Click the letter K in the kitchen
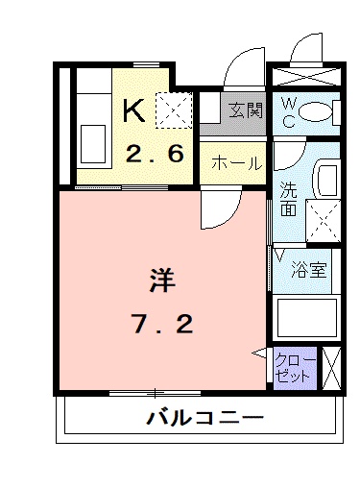133,110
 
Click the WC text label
287,112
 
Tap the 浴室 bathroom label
309,270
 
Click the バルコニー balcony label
204,418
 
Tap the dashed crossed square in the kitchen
176,109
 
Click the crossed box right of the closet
333,368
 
